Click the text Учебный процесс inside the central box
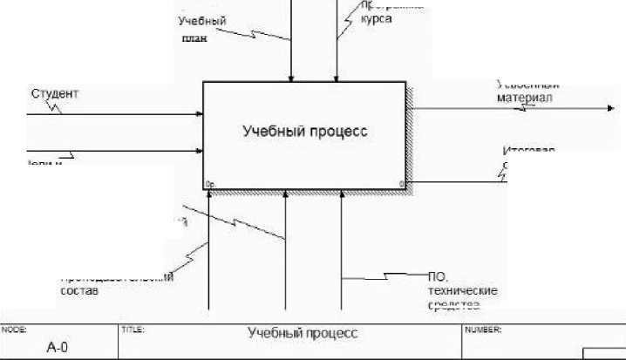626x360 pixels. (304, 132)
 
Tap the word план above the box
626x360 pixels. (194, 38)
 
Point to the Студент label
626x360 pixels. (54, 93)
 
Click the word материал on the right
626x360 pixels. (525, 98)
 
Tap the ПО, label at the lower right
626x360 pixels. (438, 276)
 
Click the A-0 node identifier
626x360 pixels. (58, 347)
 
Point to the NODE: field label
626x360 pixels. (14, 331)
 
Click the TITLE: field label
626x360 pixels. (132, 331)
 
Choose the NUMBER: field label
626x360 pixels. (482, 331)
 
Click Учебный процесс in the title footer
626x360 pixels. (303, 334)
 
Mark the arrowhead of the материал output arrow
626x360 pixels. (609, 108)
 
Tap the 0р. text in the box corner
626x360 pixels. (210, 184)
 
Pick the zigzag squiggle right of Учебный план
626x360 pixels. (253, 32)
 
